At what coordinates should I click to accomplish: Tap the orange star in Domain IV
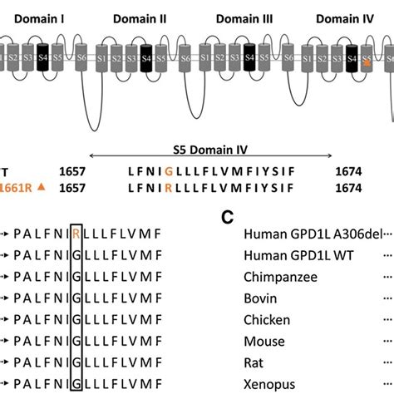tap(367, 62)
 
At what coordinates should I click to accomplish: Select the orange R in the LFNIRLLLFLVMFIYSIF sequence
tap(168, 189)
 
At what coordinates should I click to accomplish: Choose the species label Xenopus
tap(270, 384)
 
